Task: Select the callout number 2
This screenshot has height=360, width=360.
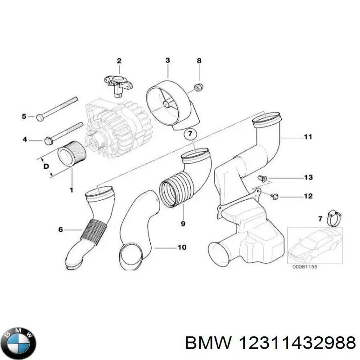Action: click(x=119, y=61)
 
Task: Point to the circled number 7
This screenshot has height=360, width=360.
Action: click(x=190, y=133)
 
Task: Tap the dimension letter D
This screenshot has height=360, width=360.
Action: click(x=45, y=166)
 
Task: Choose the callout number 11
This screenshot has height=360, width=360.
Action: click(x=308, y=137)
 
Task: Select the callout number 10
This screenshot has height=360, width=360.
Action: click(x=182, y=247)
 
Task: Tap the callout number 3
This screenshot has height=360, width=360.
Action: click(x=167, y=61)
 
